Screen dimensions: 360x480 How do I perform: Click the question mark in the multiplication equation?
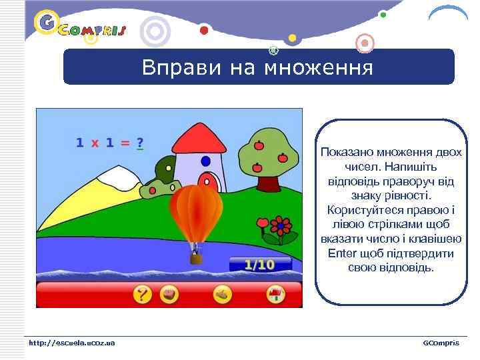[x=140, y=142]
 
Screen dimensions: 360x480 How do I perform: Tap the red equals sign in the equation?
[x=125, y=143]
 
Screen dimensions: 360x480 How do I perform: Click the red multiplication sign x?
[x=95, y=143]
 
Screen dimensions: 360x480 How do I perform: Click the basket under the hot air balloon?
[x=195, y=257]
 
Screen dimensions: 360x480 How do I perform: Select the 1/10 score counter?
[x=259, y=265]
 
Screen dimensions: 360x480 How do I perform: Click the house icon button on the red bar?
[x=274, y=294]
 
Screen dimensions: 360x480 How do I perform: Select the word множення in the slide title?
[x=319, y=68]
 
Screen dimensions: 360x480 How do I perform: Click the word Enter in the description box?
[x=342, y=254]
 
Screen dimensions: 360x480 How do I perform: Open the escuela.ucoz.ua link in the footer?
[x=71, y=343]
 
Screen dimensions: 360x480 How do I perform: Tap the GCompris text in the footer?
[x=441, y=343]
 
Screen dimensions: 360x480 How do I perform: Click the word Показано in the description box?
[x=349, y=152]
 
